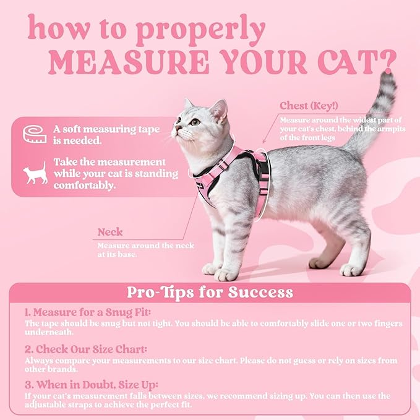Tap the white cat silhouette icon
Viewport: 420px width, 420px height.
click(x=36, y=173)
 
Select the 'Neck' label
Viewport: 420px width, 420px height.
click(x=110, y=233)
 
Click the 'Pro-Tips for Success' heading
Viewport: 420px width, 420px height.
click(x=210, y=292)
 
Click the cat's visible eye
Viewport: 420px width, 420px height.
click(x=195, y=122)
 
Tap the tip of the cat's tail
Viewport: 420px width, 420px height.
click(x=389, y=77)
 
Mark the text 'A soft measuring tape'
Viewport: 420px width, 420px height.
click(x=105, y=130)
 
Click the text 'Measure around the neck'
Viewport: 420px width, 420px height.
click(x=145, y=246)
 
